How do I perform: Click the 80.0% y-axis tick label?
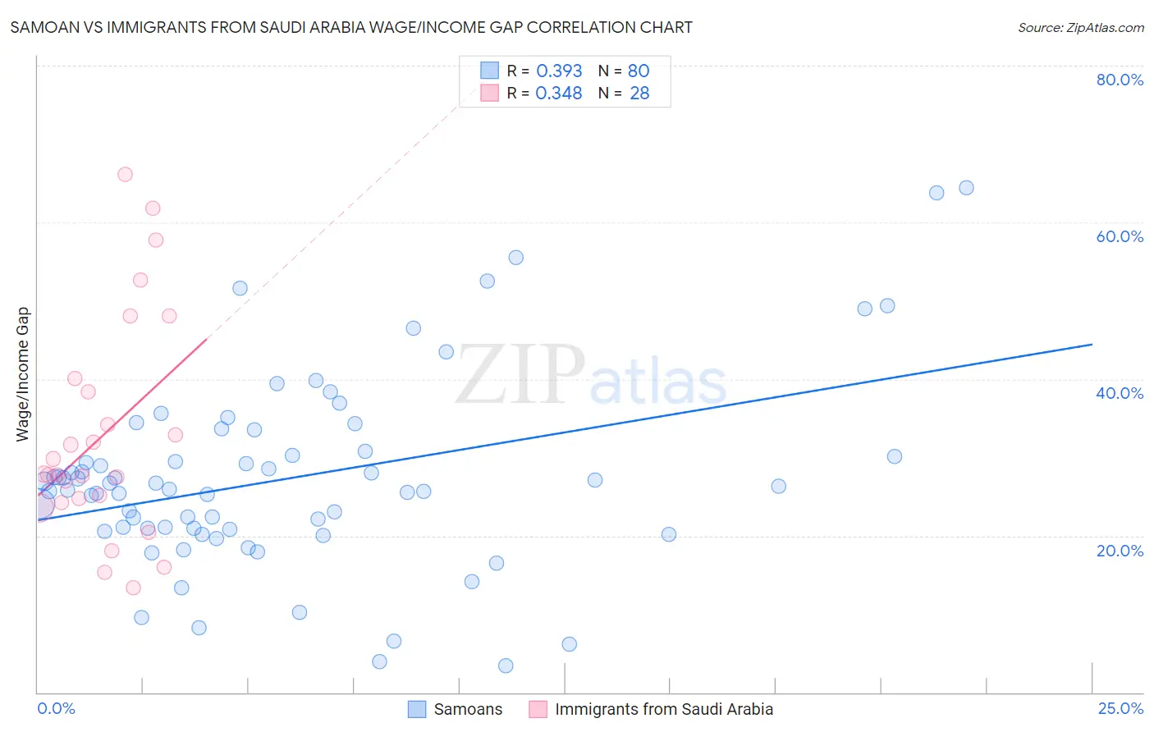1120,80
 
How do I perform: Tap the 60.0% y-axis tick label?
1120,236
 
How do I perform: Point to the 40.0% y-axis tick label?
1120,393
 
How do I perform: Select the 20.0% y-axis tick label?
1120,551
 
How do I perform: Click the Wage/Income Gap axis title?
22,374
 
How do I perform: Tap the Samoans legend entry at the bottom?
468,710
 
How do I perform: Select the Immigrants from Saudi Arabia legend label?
664,710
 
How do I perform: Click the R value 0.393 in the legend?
559,71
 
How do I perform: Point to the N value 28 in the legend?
639,94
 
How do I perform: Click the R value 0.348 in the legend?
559,94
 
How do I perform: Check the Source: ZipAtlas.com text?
1080,28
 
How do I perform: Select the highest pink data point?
125,174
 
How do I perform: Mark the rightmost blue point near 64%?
966,188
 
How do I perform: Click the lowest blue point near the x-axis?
506,666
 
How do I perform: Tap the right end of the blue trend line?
1092,345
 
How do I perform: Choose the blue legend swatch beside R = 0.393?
489,71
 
